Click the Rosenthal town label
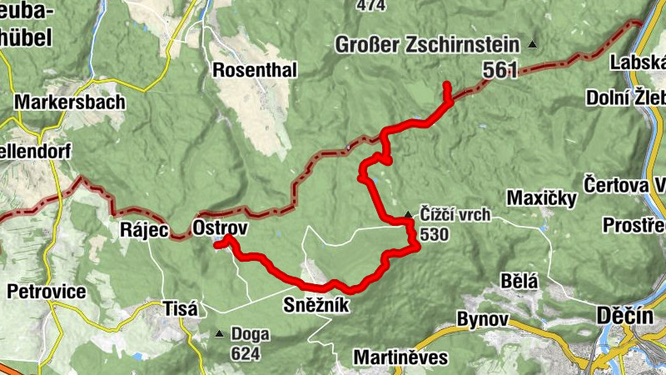pyautogui.click(x=255, y=70)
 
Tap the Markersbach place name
pyautogui.click(x=70, y=102)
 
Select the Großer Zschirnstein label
pyautogui.click(x=427, y=45)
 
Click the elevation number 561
pyautogui.click(x=499, y=71)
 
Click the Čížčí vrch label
pyautogui.click(x=455, y=216)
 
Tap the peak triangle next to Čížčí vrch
pyautogui.click(x=408, y=215)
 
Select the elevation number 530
pyautogui.click(x=435, y=235)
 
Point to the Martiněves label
pyautogui.click(x=400, y=357)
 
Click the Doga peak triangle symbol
pyautogui.click(x=219, y=334)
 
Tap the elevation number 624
pyautogui.click(x=246, y=353)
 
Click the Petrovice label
pyautogui.click(x=46, y=292)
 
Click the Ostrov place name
pyautogui.click(x=219, y=227)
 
